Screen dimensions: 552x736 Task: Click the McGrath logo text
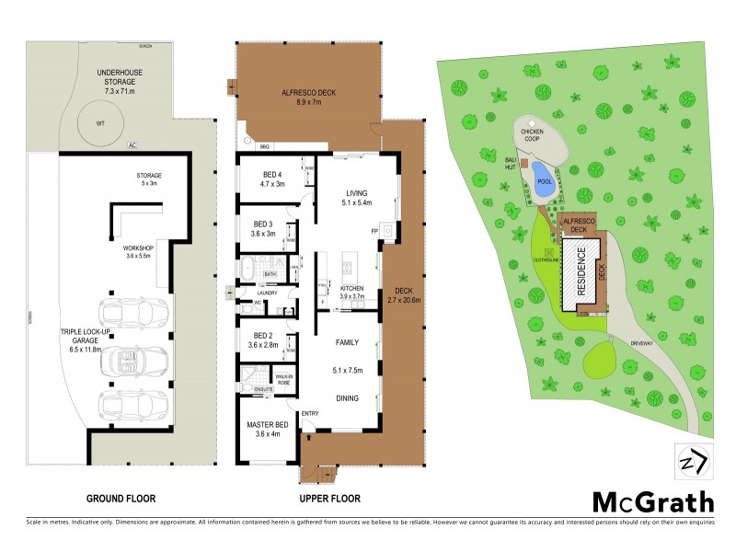652,501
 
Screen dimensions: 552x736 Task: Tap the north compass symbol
689,461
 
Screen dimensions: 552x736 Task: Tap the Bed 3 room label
263,228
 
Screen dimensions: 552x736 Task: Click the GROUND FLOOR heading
121,499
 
